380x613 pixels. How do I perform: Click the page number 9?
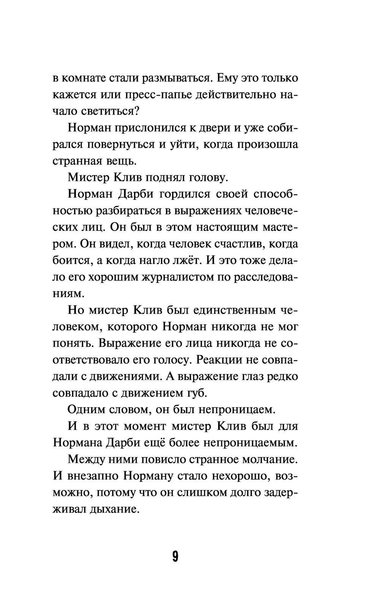point(175,556)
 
